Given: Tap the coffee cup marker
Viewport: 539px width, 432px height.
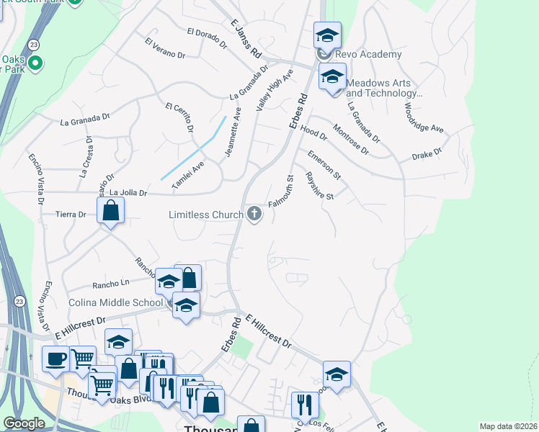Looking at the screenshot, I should pyautogui.click(x=55, y=359).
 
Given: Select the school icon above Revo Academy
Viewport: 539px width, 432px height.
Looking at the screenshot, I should pyautogui.click(x=327, y=35).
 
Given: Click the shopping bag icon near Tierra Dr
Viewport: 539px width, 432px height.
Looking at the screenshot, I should pyautogui.click(x=111, y=211).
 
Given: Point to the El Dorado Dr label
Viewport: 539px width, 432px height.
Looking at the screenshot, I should pyautogui.click(x=207, y=37).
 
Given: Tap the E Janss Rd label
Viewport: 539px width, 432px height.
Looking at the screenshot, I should pyautogui.click(x=245, y=40).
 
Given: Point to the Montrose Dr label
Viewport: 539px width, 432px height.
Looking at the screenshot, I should pyautogui.click(x=351, y=140).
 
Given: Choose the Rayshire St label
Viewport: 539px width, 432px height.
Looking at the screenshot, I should pyautogui.click(x=320, y=186).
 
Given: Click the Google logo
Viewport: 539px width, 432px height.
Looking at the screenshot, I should pyautogui.click(x=24, y=423).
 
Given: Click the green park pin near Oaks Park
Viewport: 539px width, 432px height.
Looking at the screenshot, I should pyautogui.click(x=35, y=63).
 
